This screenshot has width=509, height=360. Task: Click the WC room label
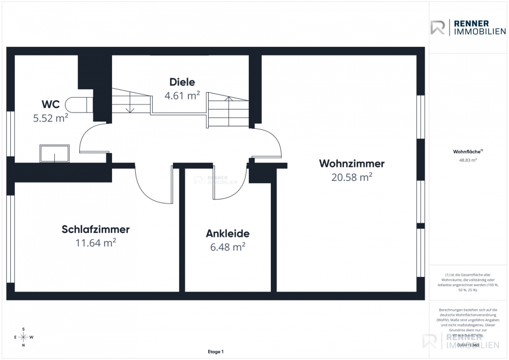coord(50,104)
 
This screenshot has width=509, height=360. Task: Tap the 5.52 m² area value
coord(50,118)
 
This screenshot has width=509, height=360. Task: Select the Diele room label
coord(182,81)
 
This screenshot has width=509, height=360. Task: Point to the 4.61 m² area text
coord(182,96)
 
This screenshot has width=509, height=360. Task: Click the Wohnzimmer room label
coord(352,164)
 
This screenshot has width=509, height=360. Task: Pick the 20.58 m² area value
coord(352,177)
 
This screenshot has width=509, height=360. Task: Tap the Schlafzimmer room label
coord(96,229)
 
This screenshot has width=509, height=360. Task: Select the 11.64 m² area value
coord(96,243)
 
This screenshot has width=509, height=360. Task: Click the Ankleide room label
coord(227,233)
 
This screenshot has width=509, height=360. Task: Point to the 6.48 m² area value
coord(227,247)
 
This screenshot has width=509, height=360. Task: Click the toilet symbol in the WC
coord(79,103)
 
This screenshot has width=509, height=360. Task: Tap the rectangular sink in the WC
coord(54,153)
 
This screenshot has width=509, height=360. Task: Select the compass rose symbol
coord(23,337)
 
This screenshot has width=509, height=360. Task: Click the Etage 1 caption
coord(215,352)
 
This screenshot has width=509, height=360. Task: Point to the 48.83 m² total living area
coord(467,160)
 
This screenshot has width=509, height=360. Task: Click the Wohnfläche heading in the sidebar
coord(467,151)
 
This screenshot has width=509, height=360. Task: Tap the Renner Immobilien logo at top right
coord(468,27)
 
